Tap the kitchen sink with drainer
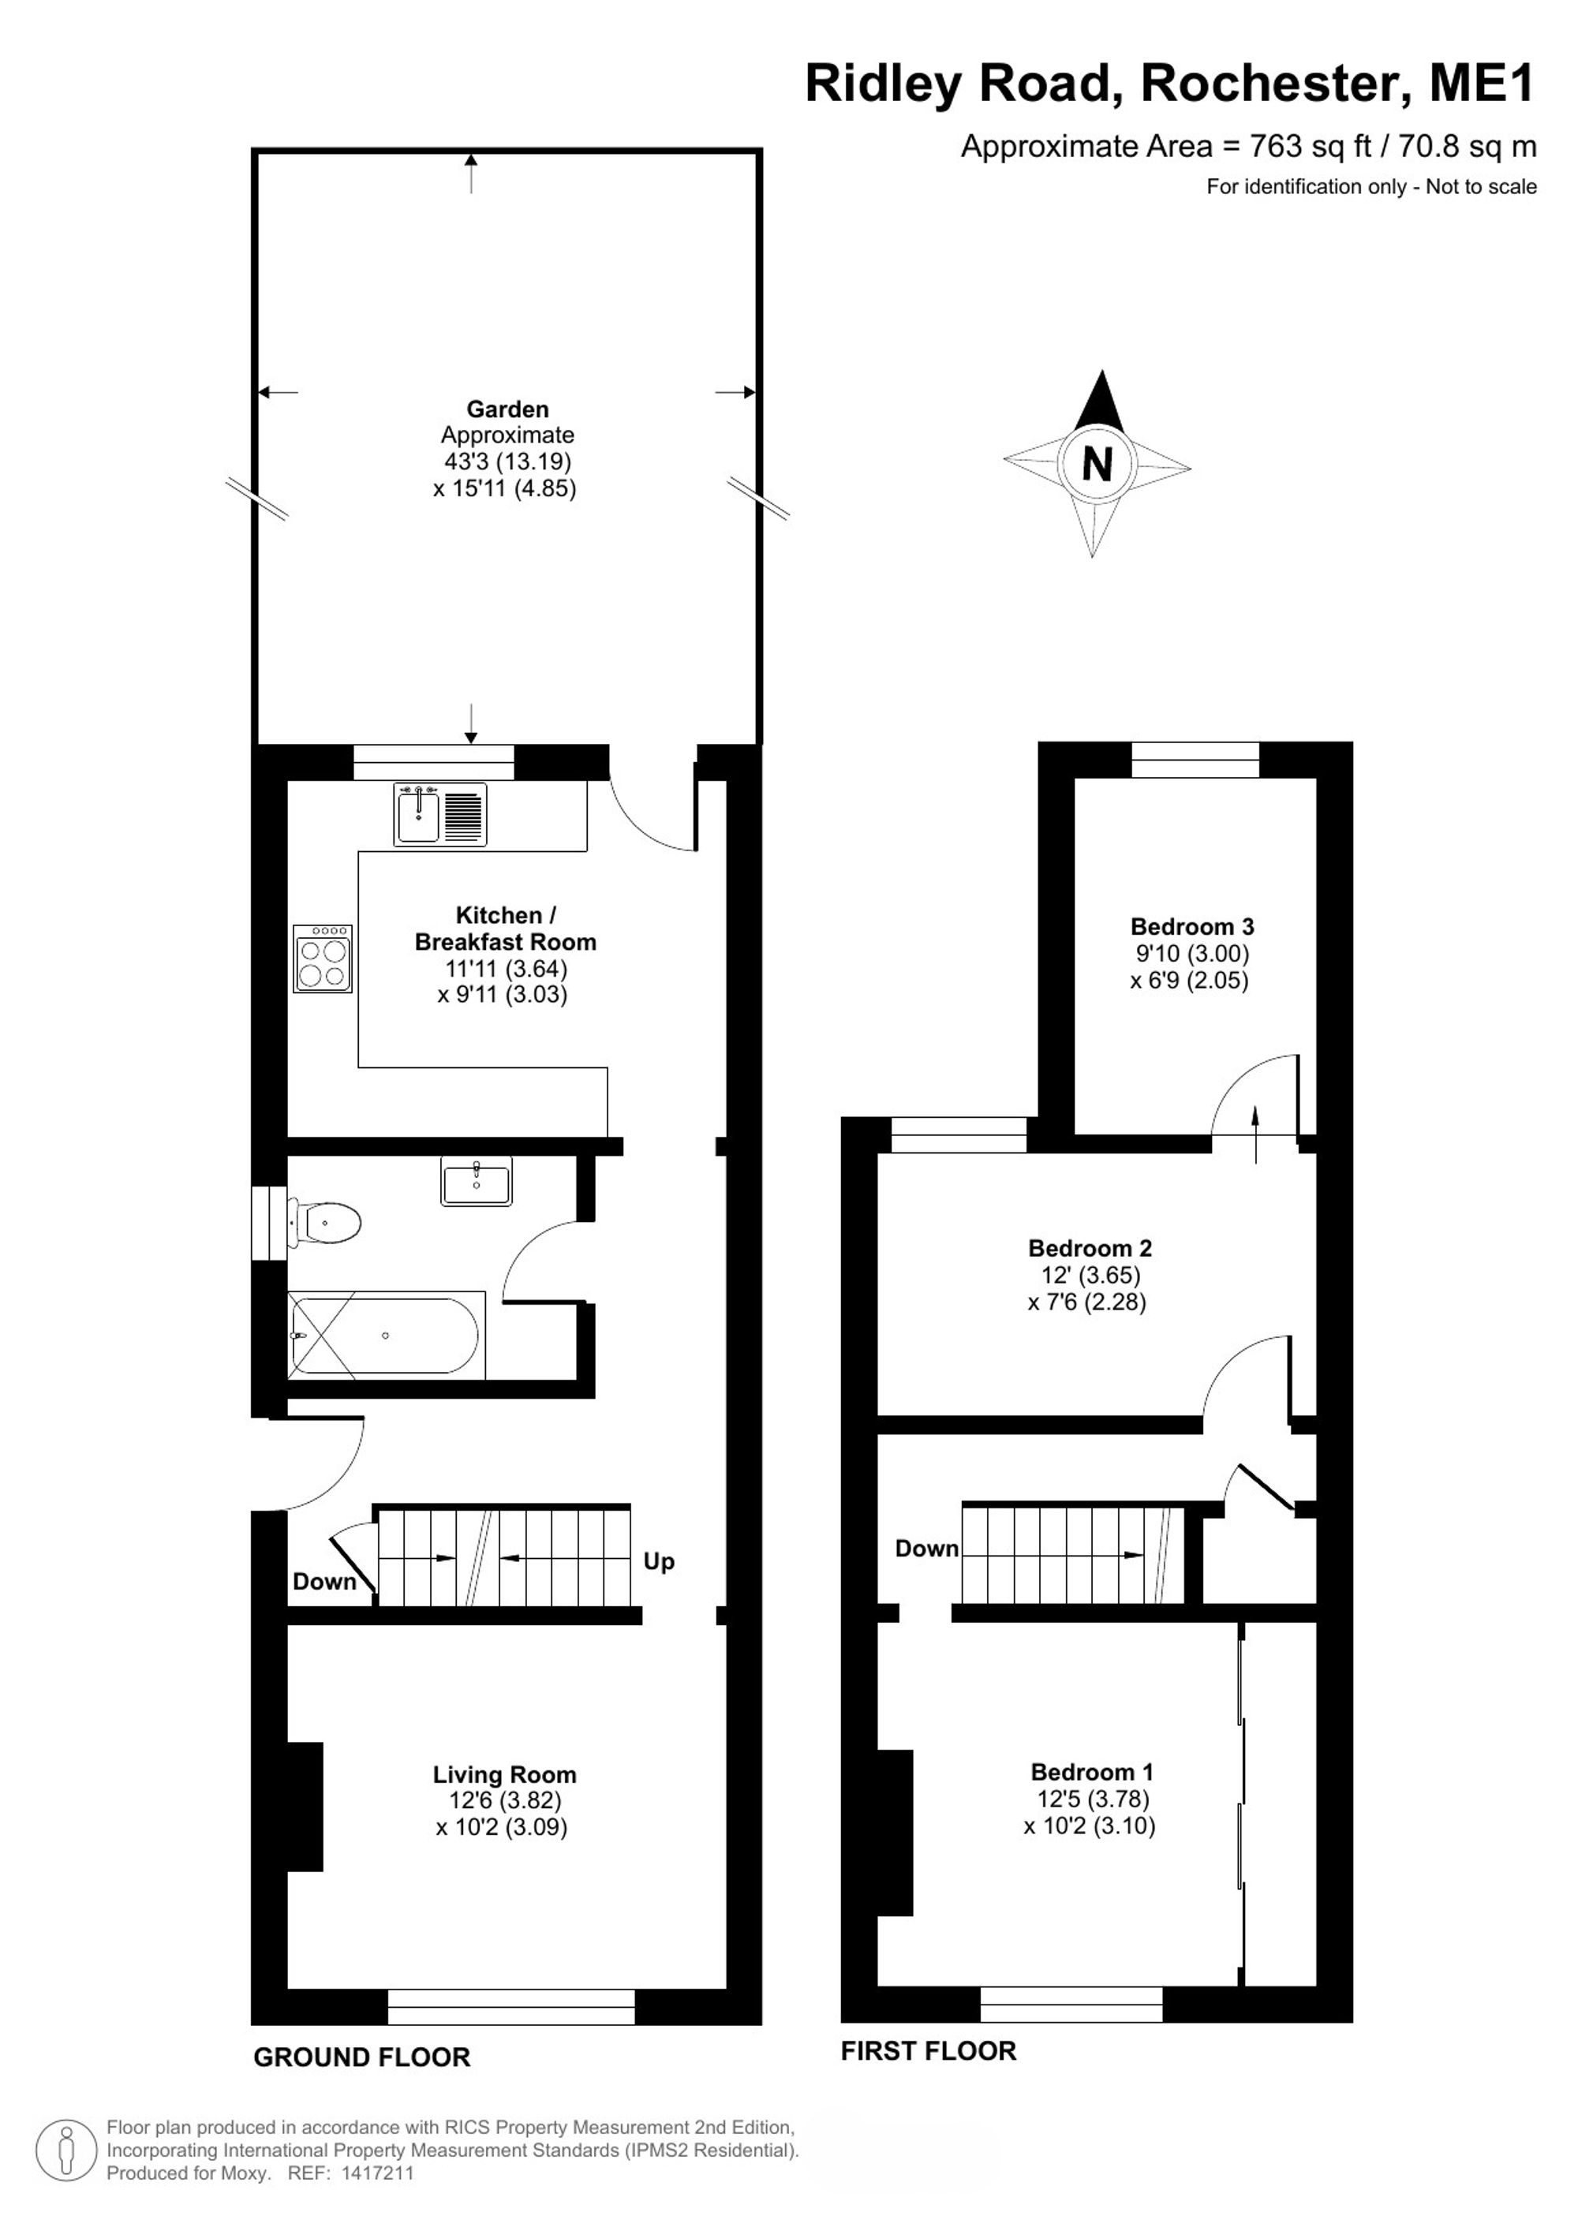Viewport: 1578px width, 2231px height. point(440,814)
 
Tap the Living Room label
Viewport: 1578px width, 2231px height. point(504,1775)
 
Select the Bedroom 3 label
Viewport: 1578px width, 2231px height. point(1192,926)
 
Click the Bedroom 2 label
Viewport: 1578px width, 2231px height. point(1090,1248)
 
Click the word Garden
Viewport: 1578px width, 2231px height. point(507,409)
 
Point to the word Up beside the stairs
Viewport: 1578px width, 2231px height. point(659,1561)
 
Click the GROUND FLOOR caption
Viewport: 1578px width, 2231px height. point(361,2057)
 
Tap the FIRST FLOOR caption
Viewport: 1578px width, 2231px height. point(928,2051)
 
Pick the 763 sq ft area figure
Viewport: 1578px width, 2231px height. point(1310,146)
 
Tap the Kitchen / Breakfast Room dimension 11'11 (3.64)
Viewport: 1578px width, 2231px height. point(505,968)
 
